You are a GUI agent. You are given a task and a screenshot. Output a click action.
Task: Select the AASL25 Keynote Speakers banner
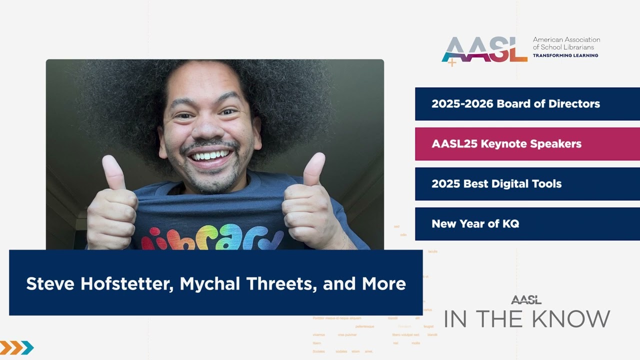[506, 144]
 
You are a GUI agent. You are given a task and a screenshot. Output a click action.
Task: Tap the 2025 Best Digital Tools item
[496, 184]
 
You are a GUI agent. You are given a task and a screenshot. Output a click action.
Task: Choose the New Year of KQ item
[475, 224]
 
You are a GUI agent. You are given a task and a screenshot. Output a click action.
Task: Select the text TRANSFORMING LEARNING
[565, 55]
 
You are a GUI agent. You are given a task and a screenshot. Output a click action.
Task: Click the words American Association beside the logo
[566, 39]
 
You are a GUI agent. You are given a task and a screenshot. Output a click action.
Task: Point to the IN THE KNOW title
[527, 319]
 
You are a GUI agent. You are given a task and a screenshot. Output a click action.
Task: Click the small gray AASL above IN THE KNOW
[526, 300]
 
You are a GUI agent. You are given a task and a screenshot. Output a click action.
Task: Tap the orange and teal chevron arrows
[16, 347]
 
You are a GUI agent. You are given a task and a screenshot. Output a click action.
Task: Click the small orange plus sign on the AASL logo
[452, 62]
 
